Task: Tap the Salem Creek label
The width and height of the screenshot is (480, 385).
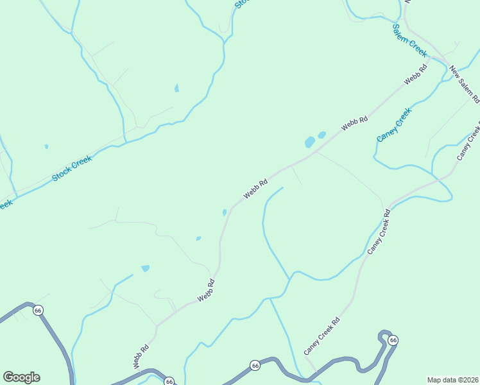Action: pyautogui.click(x=409, y=42)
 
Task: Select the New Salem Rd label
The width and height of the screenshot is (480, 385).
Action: pyautogui.click(x=464, y=85)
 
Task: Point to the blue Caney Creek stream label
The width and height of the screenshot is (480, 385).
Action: pyautogui.click(x=393, y=125)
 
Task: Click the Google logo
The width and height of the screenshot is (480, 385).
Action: pyautogui.click(x=21, y=377)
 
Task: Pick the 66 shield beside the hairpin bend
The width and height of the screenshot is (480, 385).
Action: pyautogui.click(x=393, y=339)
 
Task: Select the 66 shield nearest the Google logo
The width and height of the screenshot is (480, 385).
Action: pyautogui.click(x=39, y=310)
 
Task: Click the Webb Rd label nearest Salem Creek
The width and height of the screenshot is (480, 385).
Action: pyautogui.click(x=416, y=76)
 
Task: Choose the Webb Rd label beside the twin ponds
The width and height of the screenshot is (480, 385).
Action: pyautogui.click(x=355, y=123)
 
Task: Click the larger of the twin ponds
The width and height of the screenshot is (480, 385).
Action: pyautogui.click(x=310, y=141)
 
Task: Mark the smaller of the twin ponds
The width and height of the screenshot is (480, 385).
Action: pyautogui.click(x=321, y=135)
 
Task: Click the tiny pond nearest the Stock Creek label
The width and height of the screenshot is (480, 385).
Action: pyautogui.click(x=46, y=146)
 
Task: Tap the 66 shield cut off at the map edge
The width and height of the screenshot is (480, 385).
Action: pyautogui.click(x=169, y=381)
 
